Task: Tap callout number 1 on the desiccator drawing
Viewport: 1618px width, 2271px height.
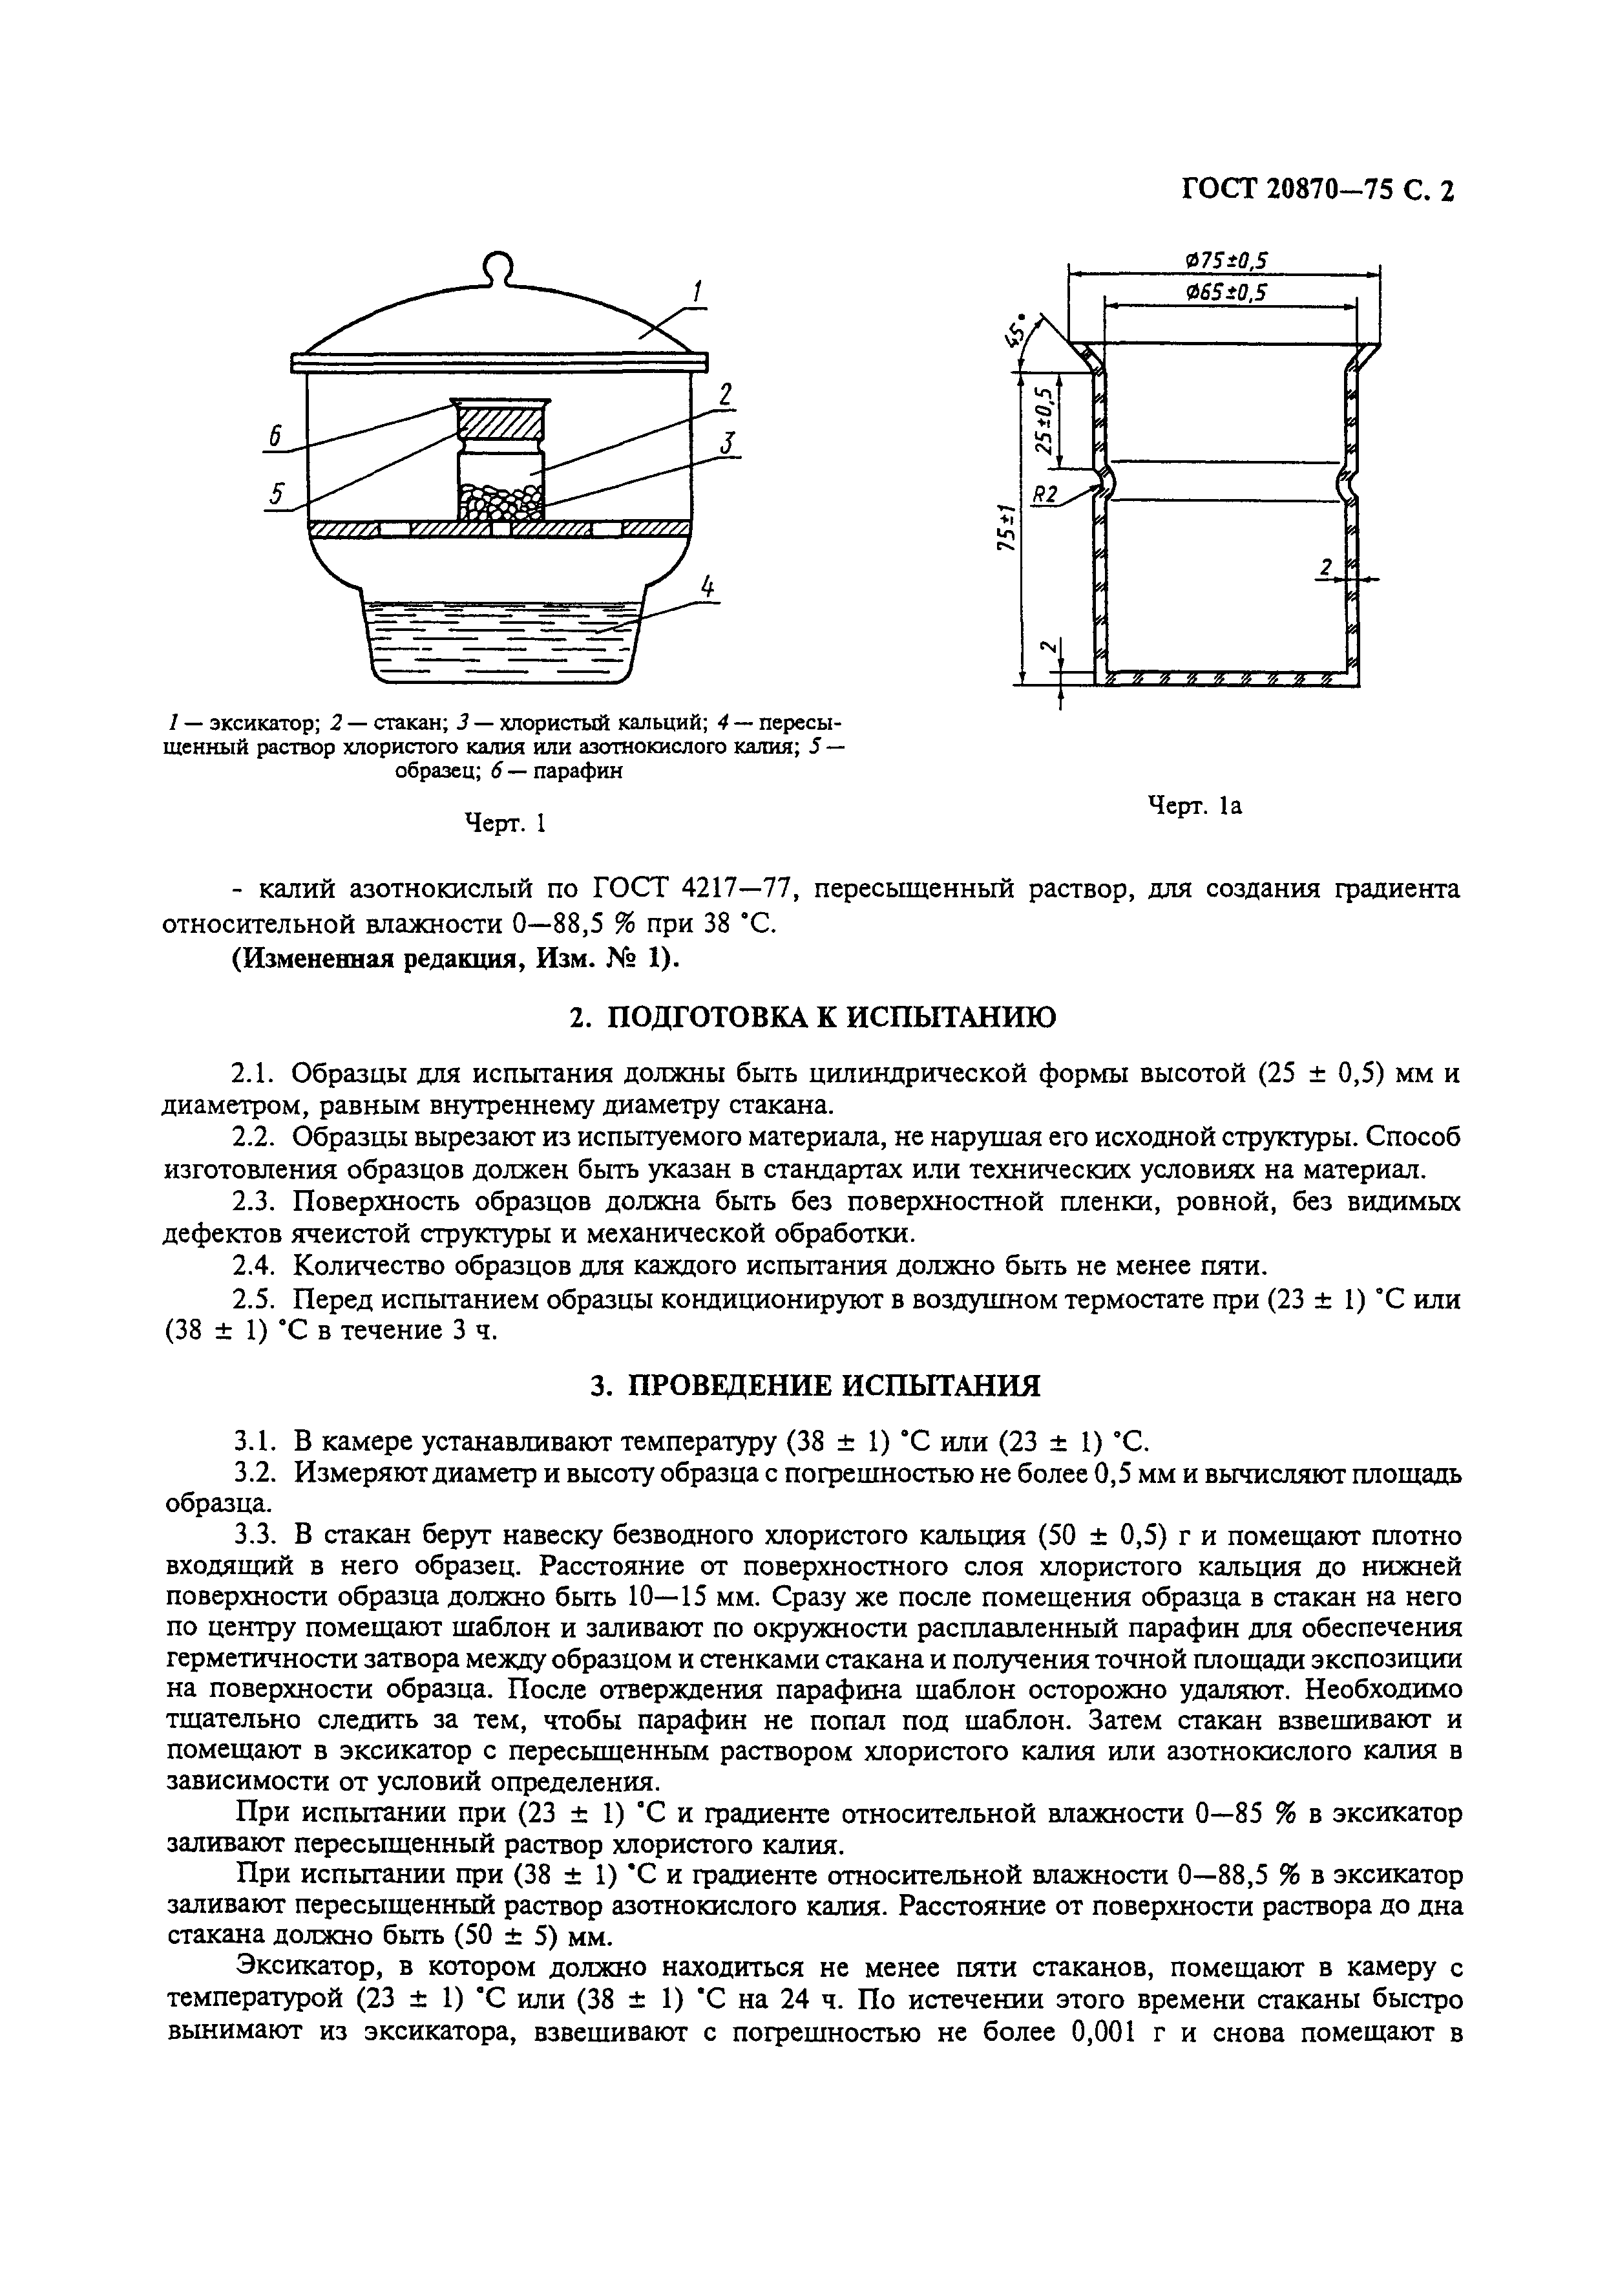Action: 697,292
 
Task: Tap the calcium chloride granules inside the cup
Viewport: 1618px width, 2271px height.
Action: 501,501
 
